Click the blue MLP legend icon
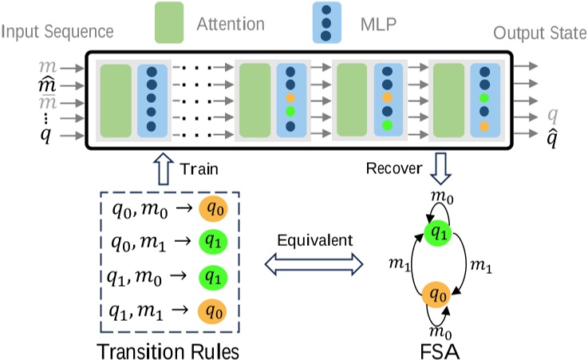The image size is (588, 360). (326, 22)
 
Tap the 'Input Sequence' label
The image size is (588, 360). (57, 32)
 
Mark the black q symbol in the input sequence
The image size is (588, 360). (45, 133)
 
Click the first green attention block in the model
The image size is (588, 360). (116, 101)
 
